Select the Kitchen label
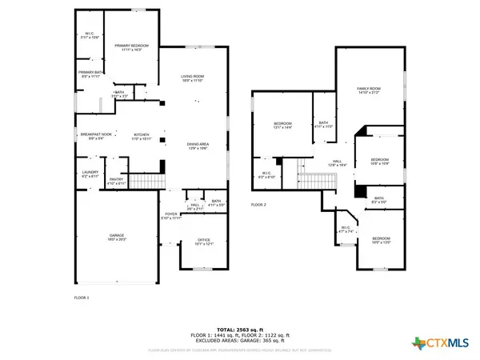click(142, 135)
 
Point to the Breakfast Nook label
click(94, 135)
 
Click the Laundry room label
click(90, 173)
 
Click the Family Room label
click(368, 90)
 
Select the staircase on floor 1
click(145, 184)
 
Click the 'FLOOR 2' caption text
click(258, 206)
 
